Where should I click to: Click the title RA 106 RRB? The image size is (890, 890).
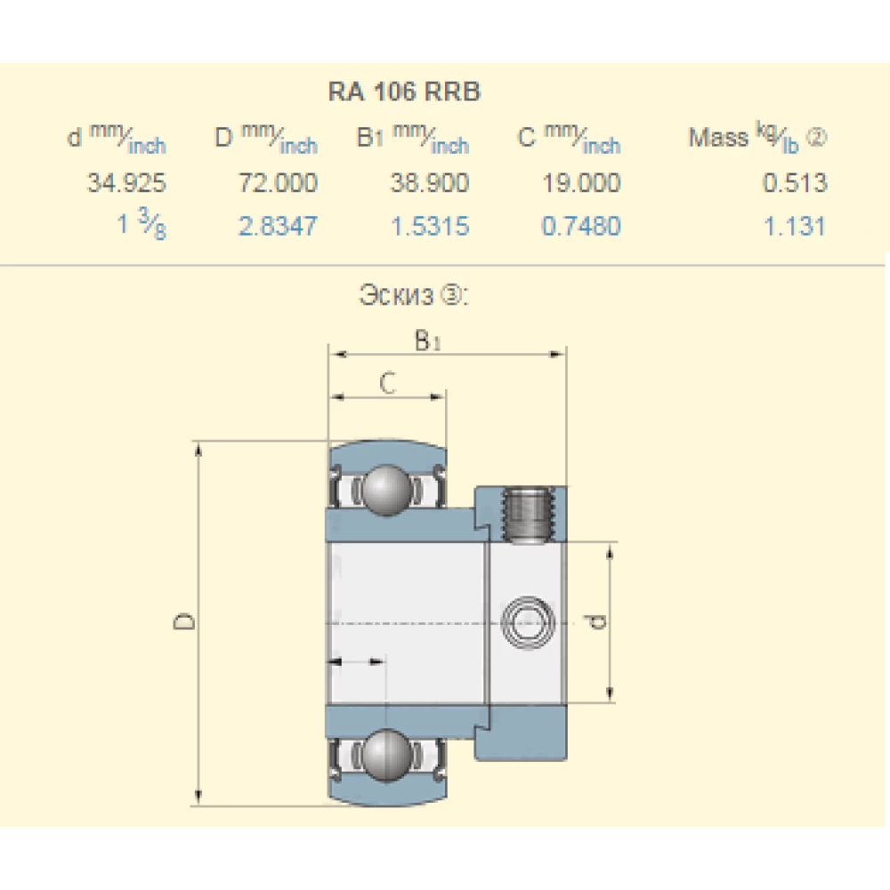(x=404, y=92)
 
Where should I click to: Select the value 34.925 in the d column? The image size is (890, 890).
(x=126, y=183)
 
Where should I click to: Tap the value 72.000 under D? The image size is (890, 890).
(x=278, y=183)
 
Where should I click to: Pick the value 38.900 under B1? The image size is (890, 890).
(x=429, y=183)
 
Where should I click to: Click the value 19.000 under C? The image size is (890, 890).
(x=581, y=183)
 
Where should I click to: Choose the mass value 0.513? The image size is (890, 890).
(x=795, y=183)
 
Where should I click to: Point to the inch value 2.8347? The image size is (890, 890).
(x=278, y=226)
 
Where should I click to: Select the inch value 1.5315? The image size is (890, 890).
(x=429, y=226)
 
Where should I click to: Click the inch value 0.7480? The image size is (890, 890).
(x=581, y=226)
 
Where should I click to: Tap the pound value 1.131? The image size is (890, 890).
(x=795, y=226)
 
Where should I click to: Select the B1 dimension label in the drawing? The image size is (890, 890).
(x=428, y=340)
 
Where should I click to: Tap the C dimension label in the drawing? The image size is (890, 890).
(x=387, y=383)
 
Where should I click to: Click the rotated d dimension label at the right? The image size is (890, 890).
(x=598, y=621)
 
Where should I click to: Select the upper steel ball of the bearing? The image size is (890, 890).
(x=386, y=489)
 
